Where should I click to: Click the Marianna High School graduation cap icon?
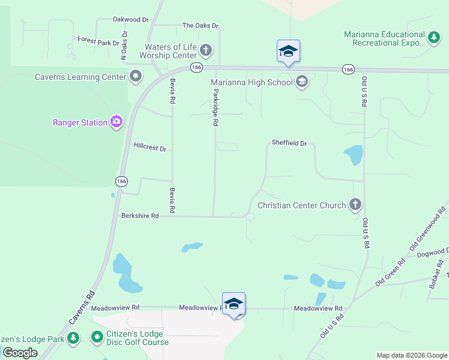[302, 82]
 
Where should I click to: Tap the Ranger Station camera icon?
[116, 122]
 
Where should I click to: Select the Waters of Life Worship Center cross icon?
[206, 50]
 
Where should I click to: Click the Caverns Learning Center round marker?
[136, 76]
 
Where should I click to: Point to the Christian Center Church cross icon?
[355, 205]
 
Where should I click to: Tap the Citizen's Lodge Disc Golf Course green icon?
[97, 338]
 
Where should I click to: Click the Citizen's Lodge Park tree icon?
[73, 338]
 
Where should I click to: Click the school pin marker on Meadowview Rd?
[234, 304]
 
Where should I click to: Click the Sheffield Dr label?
[289, 143]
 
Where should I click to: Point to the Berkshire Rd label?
[140, 216]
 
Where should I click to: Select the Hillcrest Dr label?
[149, 147]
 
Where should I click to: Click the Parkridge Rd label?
[215, 107]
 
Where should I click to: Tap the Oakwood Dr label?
[131, 19]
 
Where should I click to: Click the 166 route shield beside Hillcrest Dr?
[122, 181]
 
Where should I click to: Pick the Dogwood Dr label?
[435, 251]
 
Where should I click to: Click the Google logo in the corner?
[20, 353]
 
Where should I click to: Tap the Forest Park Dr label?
[99, 43]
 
